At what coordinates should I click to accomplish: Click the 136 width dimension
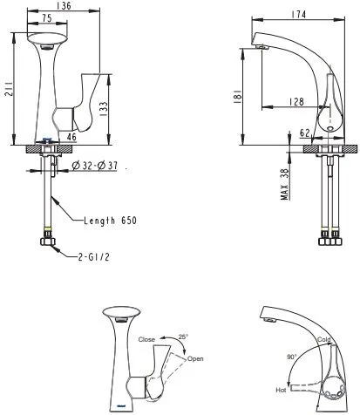coord(64,5)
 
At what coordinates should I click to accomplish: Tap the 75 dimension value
coord(47,18)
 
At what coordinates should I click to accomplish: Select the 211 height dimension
coord(9,89)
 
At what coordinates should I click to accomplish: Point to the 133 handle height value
coord(105,109)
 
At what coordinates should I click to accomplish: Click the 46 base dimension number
coord(71,137)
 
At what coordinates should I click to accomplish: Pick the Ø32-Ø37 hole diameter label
coord(95,166)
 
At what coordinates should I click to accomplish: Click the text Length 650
coord(110,221)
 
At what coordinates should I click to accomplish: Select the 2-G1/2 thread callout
coord(93,257)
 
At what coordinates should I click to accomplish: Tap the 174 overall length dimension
coord(299,14)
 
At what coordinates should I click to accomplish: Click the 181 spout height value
coord(238,96)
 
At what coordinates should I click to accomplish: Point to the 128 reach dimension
coord(296,102)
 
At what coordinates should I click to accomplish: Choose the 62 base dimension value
coord(305,133)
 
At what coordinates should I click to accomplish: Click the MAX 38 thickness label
coord(285,184)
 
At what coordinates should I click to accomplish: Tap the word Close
coord(146,339)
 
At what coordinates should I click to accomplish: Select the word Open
coord(195,358)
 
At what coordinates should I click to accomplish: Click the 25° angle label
coord(183,337)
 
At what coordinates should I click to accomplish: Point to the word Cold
coord(324,339)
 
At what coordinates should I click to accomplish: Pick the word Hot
coord(281,390)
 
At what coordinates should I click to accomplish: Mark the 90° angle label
coord(292,357)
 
